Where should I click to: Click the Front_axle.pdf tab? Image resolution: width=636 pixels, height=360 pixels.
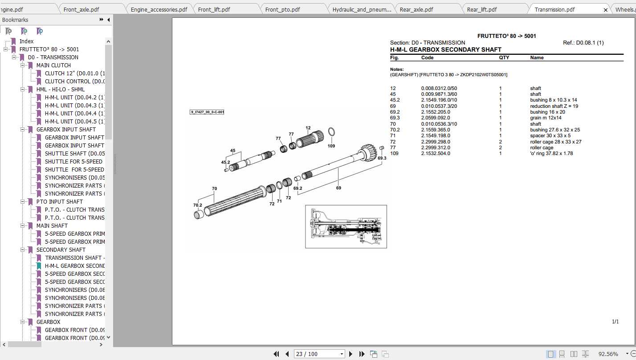pyautogui.click(x=81, y=9)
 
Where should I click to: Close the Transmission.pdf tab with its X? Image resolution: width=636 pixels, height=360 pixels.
pyautogui.click(x=605, y=9)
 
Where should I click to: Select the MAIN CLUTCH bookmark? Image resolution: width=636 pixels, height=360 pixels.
pyautogui.click(x=53, y=65)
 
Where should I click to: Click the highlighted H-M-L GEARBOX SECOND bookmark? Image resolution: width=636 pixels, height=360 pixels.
pyautogui.click(x=74, y=266)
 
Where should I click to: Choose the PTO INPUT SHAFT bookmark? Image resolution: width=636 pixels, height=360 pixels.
pyautogui.click(x=59, y=201)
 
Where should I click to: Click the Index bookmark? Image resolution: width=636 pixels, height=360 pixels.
pyautogui.click(x=26, y=41)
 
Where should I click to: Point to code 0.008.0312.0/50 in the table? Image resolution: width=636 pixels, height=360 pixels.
pyautogui.click(x=439, y=88)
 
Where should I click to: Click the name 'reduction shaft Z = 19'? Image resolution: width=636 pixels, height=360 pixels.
pyautogui.click(x=554, y=106)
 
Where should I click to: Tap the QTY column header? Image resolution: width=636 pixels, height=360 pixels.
pyautogui.click(x=504, y=57)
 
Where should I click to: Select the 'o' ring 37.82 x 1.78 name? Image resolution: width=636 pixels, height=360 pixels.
pyautogui.click(x=551, y=153)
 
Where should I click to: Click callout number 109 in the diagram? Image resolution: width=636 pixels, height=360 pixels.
pyautogui.click(x=331, y=146)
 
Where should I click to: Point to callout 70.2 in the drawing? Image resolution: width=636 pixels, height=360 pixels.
pyautogui.click(x=197, y=205)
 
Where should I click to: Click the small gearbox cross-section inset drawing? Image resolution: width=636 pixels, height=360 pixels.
pyautogui.click(x=346, y=226)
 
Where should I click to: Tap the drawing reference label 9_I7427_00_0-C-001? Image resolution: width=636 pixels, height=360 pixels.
pyautogui.click(x=207, y=112)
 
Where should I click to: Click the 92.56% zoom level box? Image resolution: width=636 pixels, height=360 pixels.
pyautogui.click(x=607, y=354)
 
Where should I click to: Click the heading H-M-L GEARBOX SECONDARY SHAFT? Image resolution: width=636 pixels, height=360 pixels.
pyautogui.click(x=445, y=49)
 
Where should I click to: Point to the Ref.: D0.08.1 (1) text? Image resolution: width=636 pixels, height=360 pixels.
pyautogui.click(x=583, y=43)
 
